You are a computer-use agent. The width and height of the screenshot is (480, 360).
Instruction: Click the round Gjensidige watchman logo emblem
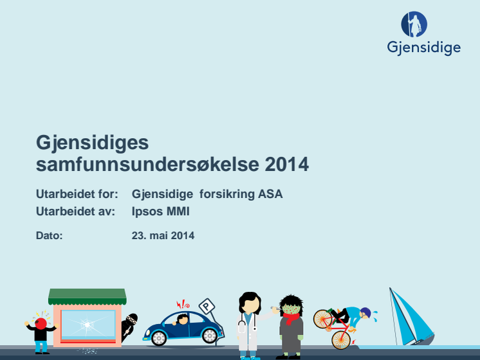click(x=414, y=24)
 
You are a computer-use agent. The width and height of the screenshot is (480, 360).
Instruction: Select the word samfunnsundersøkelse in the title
click(x=147, y=164)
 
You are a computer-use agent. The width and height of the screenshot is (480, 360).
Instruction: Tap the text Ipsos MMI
click(x=160, y=212)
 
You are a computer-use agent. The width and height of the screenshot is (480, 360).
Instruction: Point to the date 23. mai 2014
click(x=163, y=235)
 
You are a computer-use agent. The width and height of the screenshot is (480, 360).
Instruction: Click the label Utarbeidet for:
click(x=77, y=194)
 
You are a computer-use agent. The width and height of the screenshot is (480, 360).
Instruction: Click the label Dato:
click(x=50, y=235)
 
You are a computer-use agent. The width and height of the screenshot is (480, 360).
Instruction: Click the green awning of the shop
click(x=88, y=296)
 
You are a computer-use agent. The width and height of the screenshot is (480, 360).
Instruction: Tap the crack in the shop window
click(x=88, y=324)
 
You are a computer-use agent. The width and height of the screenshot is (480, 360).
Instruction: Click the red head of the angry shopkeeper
click(x=41, y=323)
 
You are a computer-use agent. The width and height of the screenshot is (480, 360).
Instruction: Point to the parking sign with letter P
click(x=207, y=306)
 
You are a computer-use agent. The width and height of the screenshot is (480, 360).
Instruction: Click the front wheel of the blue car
click(x=159, y=338)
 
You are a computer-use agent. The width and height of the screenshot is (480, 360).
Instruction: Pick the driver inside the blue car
click(x=182, y=319)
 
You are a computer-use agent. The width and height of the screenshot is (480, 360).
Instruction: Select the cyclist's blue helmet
click(x=366, y=312)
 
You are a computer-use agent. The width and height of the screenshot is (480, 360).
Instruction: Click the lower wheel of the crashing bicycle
click(x=341, y=340)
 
